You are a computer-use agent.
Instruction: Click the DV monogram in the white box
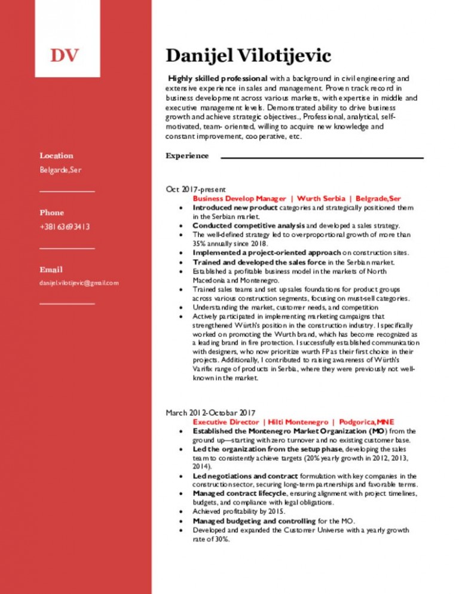(x=65, y=56)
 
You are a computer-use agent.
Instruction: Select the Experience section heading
(x=187, y=156)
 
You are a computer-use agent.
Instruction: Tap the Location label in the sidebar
(x=56, y=155)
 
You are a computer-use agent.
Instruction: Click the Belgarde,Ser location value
(x=60, y=170)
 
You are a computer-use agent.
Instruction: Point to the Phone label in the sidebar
(x=51, y=212)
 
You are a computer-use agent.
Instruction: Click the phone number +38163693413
(x=65, y=226)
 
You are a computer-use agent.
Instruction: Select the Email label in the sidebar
(x=51, y=270)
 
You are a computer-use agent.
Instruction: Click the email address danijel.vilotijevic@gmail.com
(x=79, y=283)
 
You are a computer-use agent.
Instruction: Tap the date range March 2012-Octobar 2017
(x=210, y=412)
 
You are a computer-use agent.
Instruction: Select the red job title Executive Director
(x=225, y=421)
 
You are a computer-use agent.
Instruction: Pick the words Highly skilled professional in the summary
(x=218, y=78)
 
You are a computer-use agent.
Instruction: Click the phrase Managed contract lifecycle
(x=240, y=494)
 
